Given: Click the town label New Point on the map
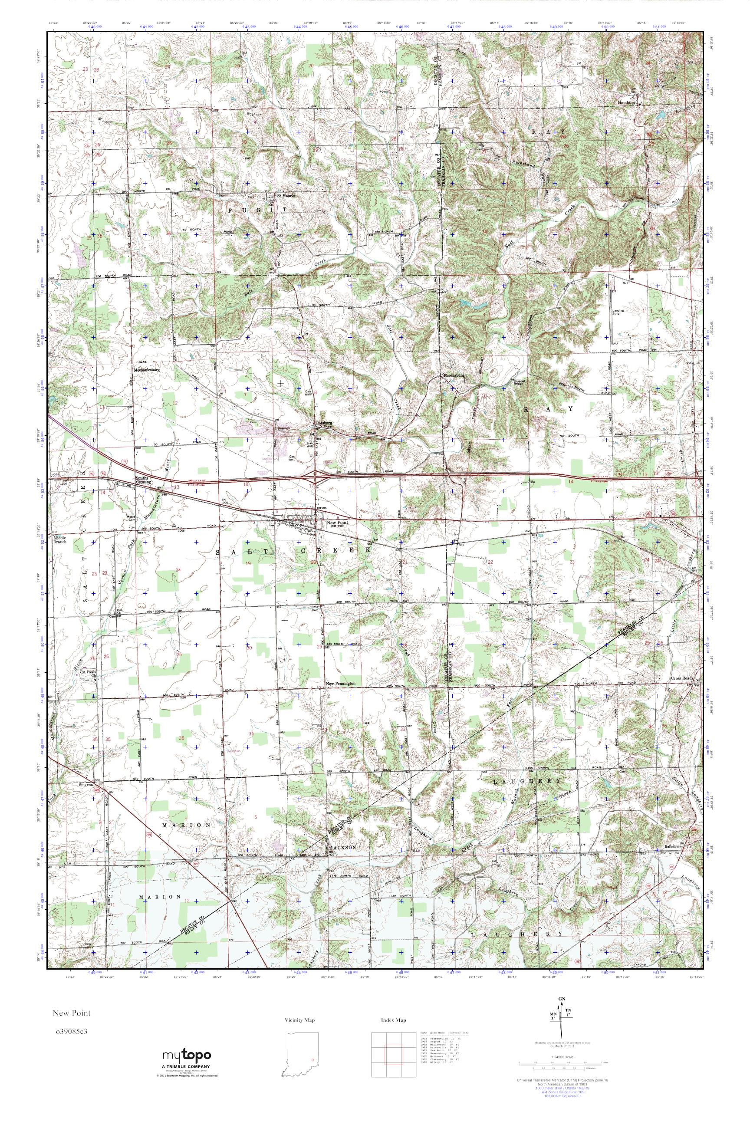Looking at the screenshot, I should tap(334, 522).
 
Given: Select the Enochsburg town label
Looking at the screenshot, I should tap(454, 375).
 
